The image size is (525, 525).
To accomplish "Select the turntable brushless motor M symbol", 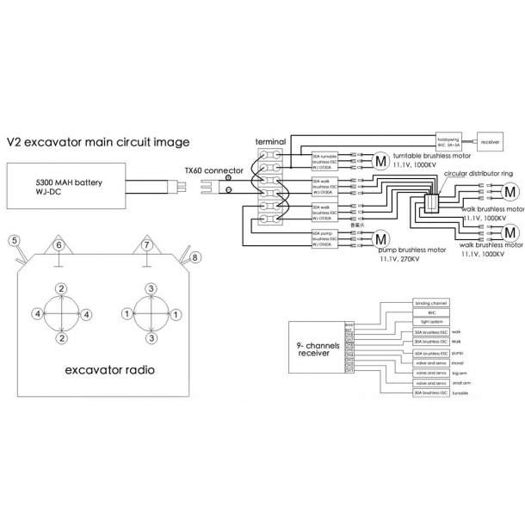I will (x=380, y=158).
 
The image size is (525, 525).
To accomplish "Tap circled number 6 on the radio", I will (x=59, y=246).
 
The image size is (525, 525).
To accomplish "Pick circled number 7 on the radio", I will (x=147, y=246).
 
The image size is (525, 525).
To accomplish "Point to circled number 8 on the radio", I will (x=195, y=256).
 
